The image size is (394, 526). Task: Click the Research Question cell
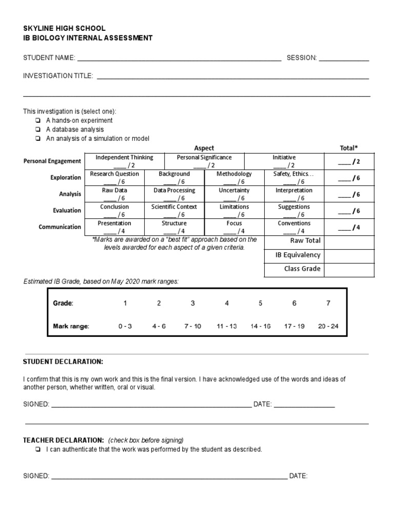114,178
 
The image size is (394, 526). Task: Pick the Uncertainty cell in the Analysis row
234,194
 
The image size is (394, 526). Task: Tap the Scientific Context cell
174,211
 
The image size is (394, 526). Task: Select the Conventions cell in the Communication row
294,227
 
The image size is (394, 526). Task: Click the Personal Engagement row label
52,161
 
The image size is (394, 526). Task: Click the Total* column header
349,148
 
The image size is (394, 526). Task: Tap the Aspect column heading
204,148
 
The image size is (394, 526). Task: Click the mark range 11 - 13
226,326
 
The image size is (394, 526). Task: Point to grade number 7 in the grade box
328,303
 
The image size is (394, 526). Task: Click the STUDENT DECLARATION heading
63,362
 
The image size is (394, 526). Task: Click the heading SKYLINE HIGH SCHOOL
64,29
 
